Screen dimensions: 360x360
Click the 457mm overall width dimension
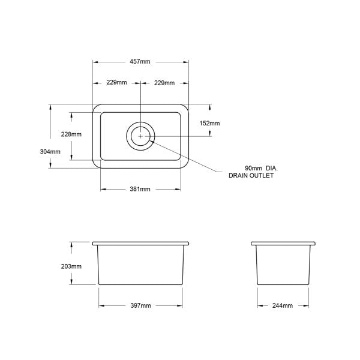[x=140, y=62]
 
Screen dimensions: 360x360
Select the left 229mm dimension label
[x=117, y=82]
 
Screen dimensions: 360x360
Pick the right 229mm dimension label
[x=164, y=82]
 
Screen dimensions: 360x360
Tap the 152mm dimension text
[x=209, y=123]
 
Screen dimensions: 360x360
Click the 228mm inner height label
[x=71, y=134]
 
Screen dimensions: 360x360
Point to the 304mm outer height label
[x=50, y=152]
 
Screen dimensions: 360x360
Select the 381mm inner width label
[x=140, y=189]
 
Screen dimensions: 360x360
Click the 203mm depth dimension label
[x=71, y=266]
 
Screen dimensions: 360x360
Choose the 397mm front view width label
[x=140, y=306]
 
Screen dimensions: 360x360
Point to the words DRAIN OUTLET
[x=251, y=176]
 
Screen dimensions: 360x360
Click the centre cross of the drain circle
[x=140, y=136]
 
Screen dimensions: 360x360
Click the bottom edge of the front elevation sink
[x=141, y=285]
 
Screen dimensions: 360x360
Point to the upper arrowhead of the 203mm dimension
[x=71, y=244]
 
